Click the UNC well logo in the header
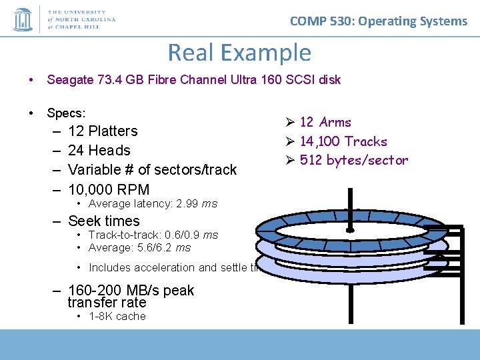point(23,19)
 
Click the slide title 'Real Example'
point(239,52)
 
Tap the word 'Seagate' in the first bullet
point(68,80)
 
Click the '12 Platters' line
point(103,131)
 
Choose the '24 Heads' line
point(99,151)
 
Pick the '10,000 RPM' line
point(108,189)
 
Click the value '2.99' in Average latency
point(188,204)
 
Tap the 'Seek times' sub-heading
point(103,221)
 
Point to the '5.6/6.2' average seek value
point(155,247)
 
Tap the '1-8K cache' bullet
point(117,317)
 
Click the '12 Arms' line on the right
point(325,122)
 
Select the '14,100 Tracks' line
point(343,141)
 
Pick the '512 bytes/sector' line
point(353,160)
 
